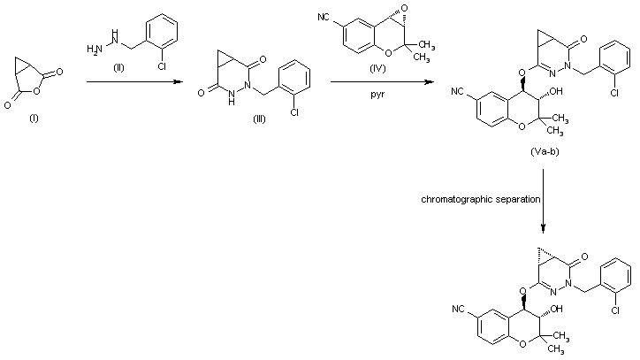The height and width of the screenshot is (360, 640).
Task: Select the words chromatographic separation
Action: (479, 200)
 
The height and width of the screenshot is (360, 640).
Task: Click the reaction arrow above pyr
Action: (382, 82)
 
